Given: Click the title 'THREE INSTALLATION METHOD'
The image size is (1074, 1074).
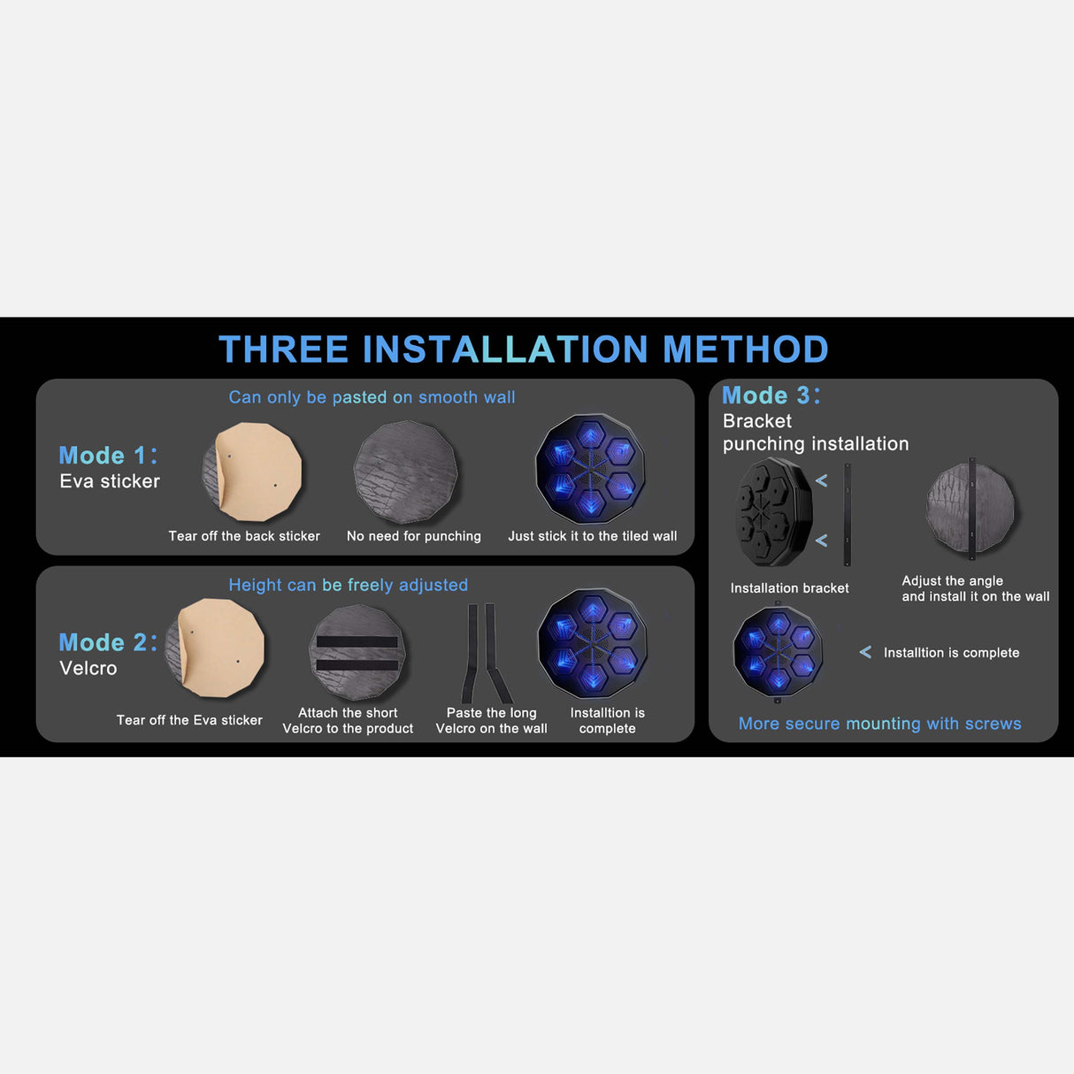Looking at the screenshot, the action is click(x=524, y=349).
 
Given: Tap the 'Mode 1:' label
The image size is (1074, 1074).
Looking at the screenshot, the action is click(x=109, y=456).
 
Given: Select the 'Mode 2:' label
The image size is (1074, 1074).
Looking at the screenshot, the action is click(x=109, y=642).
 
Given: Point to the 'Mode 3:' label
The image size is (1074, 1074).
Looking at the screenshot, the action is click(x=771, y=395).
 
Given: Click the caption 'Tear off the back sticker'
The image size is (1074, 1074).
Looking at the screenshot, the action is click(x=244, y=536).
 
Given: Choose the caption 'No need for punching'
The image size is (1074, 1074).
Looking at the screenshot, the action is click(x=413, y=536).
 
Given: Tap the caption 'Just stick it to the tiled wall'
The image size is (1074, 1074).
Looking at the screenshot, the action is click(x=593, y=536).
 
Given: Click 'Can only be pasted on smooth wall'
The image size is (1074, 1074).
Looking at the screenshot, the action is click(x=372, y=397).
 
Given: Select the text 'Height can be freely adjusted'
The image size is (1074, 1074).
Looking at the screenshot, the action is click(x=349, y=585).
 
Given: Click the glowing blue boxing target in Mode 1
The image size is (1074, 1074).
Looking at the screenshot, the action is click(x=591, y=468).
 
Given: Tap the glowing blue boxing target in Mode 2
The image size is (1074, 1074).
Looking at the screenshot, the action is click(x=593, y=644).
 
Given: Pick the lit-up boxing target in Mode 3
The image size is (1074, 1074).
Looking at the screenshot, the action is click(x=778, y=652).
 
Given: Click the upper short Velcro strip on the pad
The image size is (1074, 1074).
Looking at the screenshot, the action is click(x=357, y=642).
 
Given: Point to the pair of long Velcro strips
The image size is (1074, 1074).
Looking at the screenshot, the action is click(x=486, y=653).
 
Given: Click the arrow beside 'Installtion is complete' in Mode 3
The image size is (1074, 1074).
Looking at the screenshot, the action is click(x=865, y=652).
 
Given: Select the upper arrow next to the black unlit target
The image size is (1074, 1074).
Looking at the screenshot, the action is click(x=822, y=480).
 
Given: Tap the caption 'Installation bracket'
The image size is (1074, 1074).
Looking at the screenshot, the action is click(x=789, y=588).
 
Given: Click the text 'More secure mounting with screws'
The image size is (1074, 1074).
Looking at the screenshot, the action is click(x=880, y=724).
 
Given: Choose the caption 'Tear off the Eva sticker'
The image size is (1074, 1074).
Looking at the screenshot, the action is click(x=189, y=720).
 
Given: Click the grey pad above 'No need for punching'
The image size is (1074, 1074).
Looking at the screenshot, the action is click(x=406, y=472).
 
